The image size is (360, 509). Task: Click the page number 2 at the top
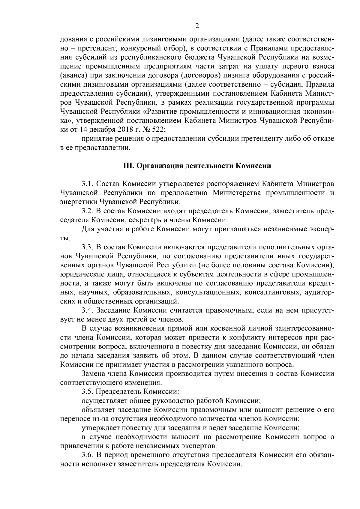(197, 26)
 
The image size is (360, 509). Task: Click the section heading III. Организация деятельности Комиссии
(197, 166)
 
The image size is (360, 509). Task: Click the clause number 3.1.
(87, 183)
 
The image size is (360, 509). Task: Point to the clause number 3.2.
(87, 211)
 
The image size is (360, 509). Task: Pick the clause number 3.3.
(87, 247)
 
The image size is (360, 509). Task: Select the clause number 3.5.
(87, 391)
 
